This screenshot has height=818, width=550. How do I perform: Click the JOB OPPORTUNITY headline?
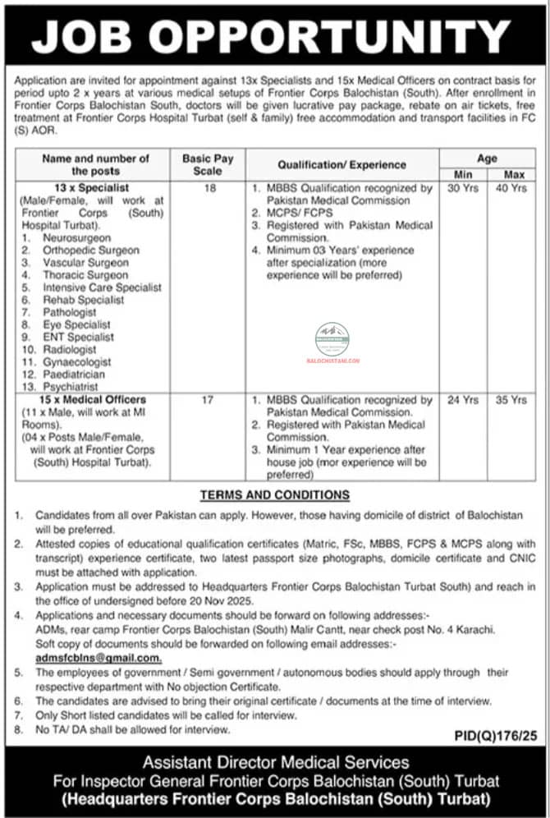click(x=275, y=36)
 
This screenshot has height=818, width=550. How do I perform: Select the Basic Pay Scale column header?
click(x=208, y=164)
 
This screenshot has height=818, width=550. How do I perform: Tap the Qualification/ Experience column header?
click(x=341, y=164)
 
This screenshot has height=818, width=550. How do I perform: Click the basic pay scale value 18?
click(x=208, y=188)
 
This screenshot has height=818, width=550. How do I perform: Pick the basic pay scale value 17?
click(x=208, y=400)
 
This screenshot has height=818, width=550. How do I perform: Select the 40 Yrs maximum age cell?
click(x=515, y=188)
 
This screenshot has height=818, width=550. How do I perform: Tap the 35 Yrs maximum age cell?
click(x=515, y=400)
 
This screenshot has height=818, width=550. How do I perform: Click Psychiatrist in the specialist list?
click(x=71, y=386)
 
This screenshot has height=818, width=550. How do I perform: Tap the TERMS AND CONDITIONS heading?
click(x=275, y=494)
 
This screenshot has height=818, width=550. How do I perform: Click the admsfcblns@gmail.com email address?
click(x=99, y=659)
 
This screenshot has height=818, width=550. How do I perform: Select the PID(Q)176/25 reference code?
click(x=495, y=738)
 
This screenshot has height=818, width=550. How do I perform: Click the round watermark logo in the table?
click(x=332, y=338)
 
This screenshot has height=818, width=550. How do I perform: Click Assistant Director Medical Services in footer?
click(x=276, y=763)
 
